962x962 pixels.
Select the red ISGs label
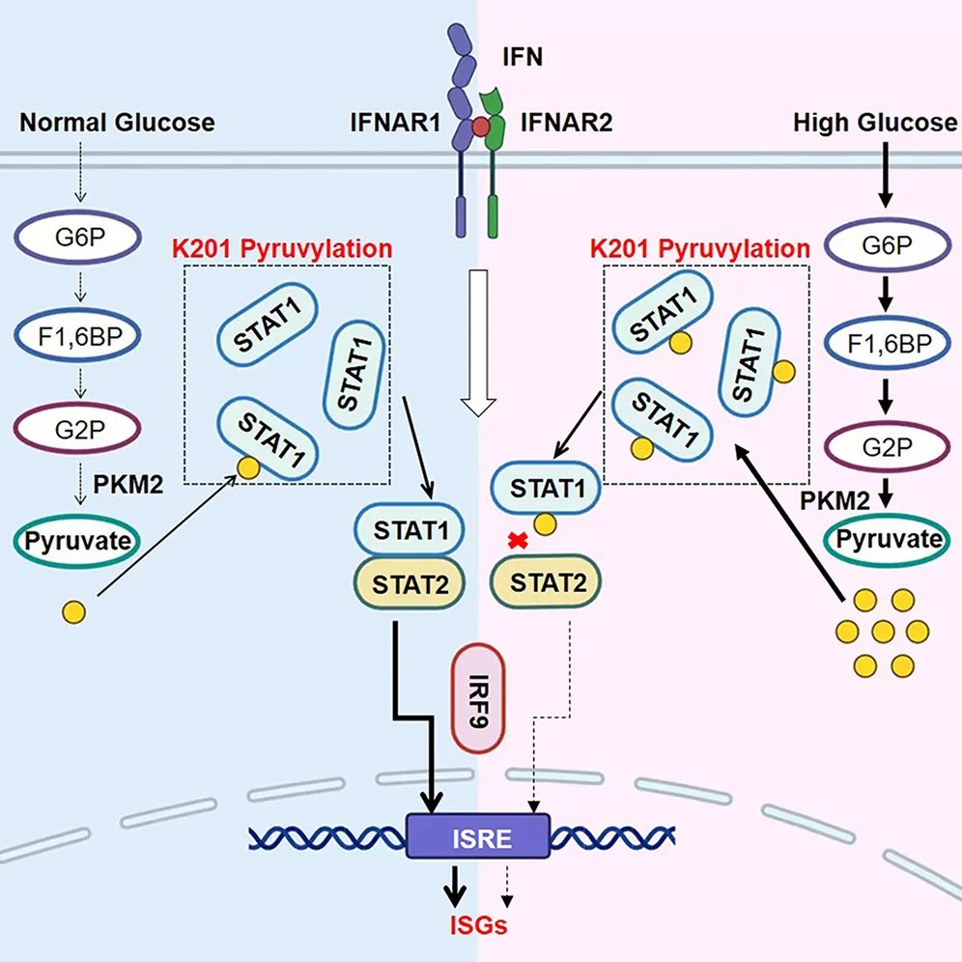tap(479, 925)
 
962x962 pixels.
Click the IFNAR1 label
tap(390, 123)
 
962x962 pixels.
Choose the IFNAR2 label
tap(566, 123)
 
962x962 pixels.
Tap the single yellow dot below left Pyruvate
tap(72, 611)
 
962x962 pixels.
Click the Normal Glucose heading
tap(118, 123)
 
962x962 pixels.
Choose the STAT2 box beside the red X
tap(546, 581)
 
